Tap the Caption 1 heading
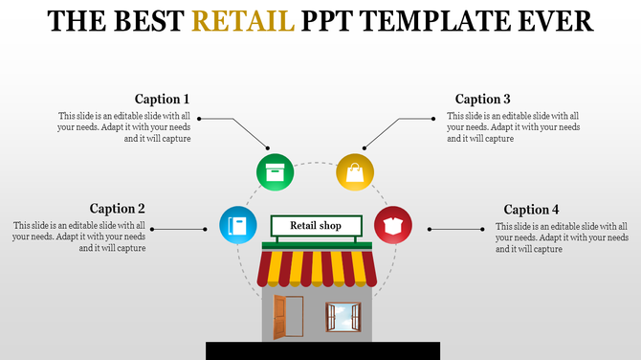pyautogui.click(x=162, y=99)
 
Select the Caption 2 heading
pyautogui.click(x=118, y=209)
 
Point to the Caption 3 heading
pyautogui.click(x=482, y=99)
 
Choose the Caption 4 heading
pyautogui.click(x=531, y=210)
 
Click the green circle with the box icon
pyautogui.click(x=275, y=172)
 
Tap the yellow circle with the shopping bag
pyautogui.click(x=355, y=172)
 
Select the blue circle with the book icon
pyautogui.click(x=238, y=226)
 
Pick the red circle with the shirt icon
pyautogui.click(x=392, y=226)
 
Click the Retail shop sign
pyautogui.click(x=316, y=226)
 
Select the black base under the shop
pyautogui.click(x=322, y=350)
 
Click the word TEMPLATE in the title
pyautogui.click(x=429, y=20)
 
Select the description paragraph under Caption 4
pyautogui.click(x=562, y=237)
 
